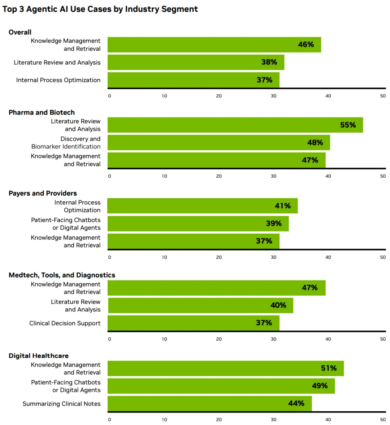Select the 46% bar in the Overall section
point(214,45)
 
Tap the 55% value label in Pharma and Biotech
point(348,125)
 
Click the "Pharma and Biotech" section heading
point(42,112)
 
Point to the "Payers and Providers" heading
point(43,193)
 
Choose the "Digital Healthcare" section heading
point(39,356)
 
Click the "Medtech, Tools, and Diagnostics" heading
point(62,275)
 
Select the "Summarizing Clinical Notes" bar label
point(61,404)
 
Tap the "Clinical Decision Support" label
point(65,323)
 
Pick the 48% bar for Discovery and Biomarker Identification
point(218,143)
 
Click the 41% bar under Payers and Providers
point(202,206)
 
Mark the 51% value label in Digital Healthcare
point(329,368)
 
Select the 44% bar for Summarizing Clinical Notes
point(209,404)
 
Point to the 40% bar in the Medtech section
point(200,306)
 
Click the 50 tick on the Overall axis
point(383,96)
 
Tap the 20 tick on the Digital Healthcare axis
point(219,420)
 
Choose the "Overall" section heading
point(20,32)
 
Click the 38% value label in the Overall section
point(269,62)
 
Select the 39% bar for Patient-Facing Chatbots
point(198,224)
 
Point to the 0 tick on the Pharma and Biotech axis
point(110,176)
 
